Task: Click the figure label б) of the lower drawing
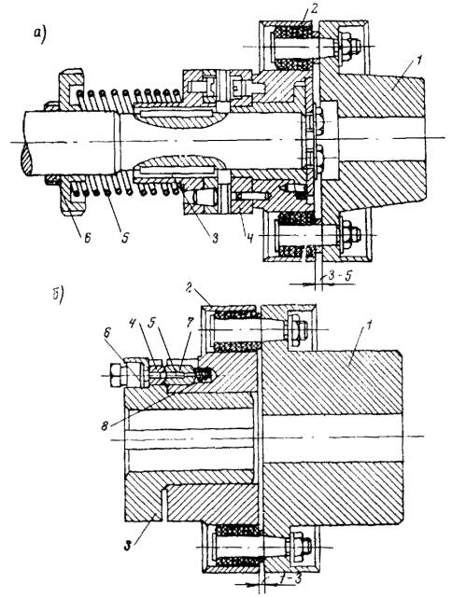coord(58,295)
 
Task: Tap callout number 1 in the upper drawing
coord(417,61)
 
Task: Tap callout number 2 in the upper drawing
coord(314,9)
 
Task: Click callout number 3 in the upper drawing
coord(215,239)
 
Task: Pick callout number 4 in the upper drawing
coord(248,240)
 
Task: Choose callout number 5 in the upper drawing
coord(125,238)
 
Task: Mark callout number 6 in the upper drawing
coord(88,239)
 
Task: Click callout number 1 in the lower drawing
coord(368,326)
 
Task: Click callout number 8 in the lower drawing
coord(106,425)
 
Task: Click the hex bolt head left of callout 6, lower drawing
coord(116,375)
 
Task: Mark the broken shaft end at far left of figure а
coord(23,158)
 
